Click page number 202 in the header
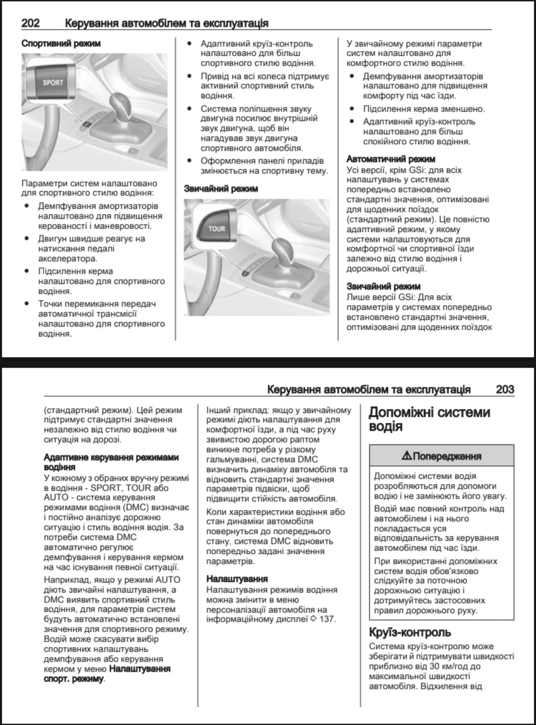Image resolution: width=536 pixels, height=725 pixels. (31, 23)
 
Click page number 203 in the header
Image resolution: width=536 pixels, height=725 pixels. (505, 389)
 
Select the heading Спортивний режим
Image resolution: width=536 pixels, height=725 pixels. (61, 43)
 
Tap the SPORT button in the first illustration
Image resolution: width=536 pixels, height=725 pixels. (53, 83)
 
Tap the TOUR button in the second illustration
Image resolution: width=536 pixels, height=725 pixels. (216, 229)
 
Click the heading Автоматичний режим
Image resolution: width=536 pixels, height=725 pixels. (390, 159)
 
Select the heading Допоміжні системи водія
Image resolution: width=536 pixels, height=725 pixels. (429, 419)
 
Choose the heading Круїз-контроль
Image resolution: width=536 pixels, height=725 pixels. (410, 633)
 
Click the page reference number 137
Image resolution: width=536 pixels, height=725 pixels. (328, 619)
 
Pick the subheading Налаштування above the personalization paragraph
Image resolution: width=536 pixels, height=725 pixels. (237, 579)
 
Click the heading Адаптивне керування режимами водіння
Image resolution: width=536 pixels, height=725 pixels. (111, 462)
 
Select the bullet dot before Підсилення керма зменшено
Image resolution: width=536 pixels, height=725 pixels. (352, 109)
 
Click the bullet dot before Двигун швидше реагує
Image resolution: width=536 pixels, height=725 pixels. (27, 239)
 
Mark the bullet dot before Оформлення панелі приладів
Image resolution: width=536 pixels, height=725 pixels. (189, 161)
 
